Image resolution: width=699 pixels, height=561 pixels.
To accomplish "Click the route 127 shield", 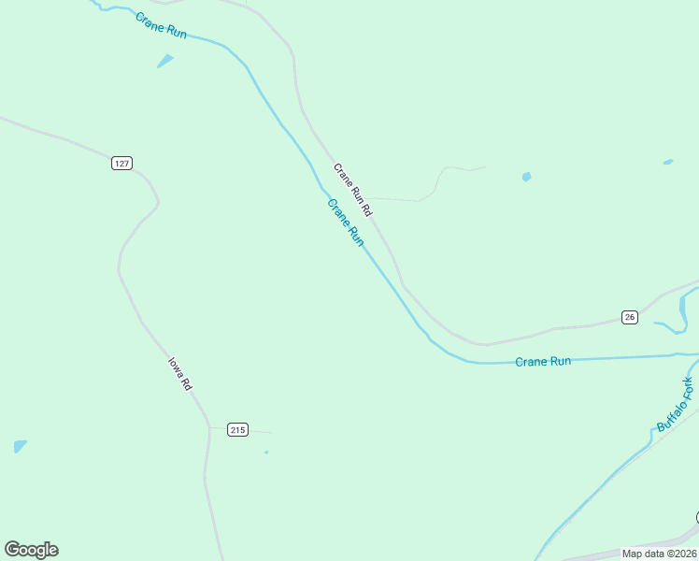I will pos(121,163).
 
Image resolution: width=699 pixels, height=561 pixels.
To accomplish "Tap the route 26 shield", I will pos(630,317).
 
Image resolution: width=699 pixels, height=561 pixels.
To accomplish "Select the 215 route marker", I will pos(236,430).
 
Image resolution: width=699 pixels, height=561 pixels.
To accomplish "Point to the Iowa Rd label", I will pos(179,372).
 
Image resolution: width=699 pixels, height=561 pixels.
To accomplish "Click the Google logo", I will pos(31,550).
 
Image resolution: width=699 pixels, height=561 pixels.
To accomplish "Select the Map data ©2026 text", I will pos(659,554).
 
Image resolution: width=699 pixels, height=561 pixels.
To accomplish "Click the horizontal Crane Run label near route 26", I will pos(543,361).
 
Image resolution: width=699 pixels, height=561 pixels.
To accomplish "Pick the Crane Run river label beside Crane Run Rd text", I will pos(345,222).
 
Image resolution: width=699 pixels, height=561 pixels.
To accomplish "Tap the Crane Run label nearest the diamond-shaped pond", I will pos(161,25).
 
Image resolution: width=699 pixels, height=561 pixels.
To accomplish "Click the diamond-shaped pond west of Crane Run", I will pos(165,61).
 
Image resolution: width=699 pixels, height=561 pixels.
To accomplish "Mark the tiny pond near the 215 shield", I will pos(266,453).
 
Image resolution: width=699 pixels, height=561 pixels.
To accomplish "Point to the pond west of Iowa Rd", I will pos(20,446).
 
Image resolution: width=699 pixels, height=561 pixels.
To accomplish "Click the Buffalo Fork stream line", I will pos(598,485).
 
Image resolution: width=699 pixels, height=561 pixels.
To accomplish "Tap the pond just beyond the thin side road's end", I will pos(527,176).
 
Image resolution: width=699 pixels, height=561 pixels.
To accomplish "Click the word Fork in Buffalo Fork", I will pos(687,388).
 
